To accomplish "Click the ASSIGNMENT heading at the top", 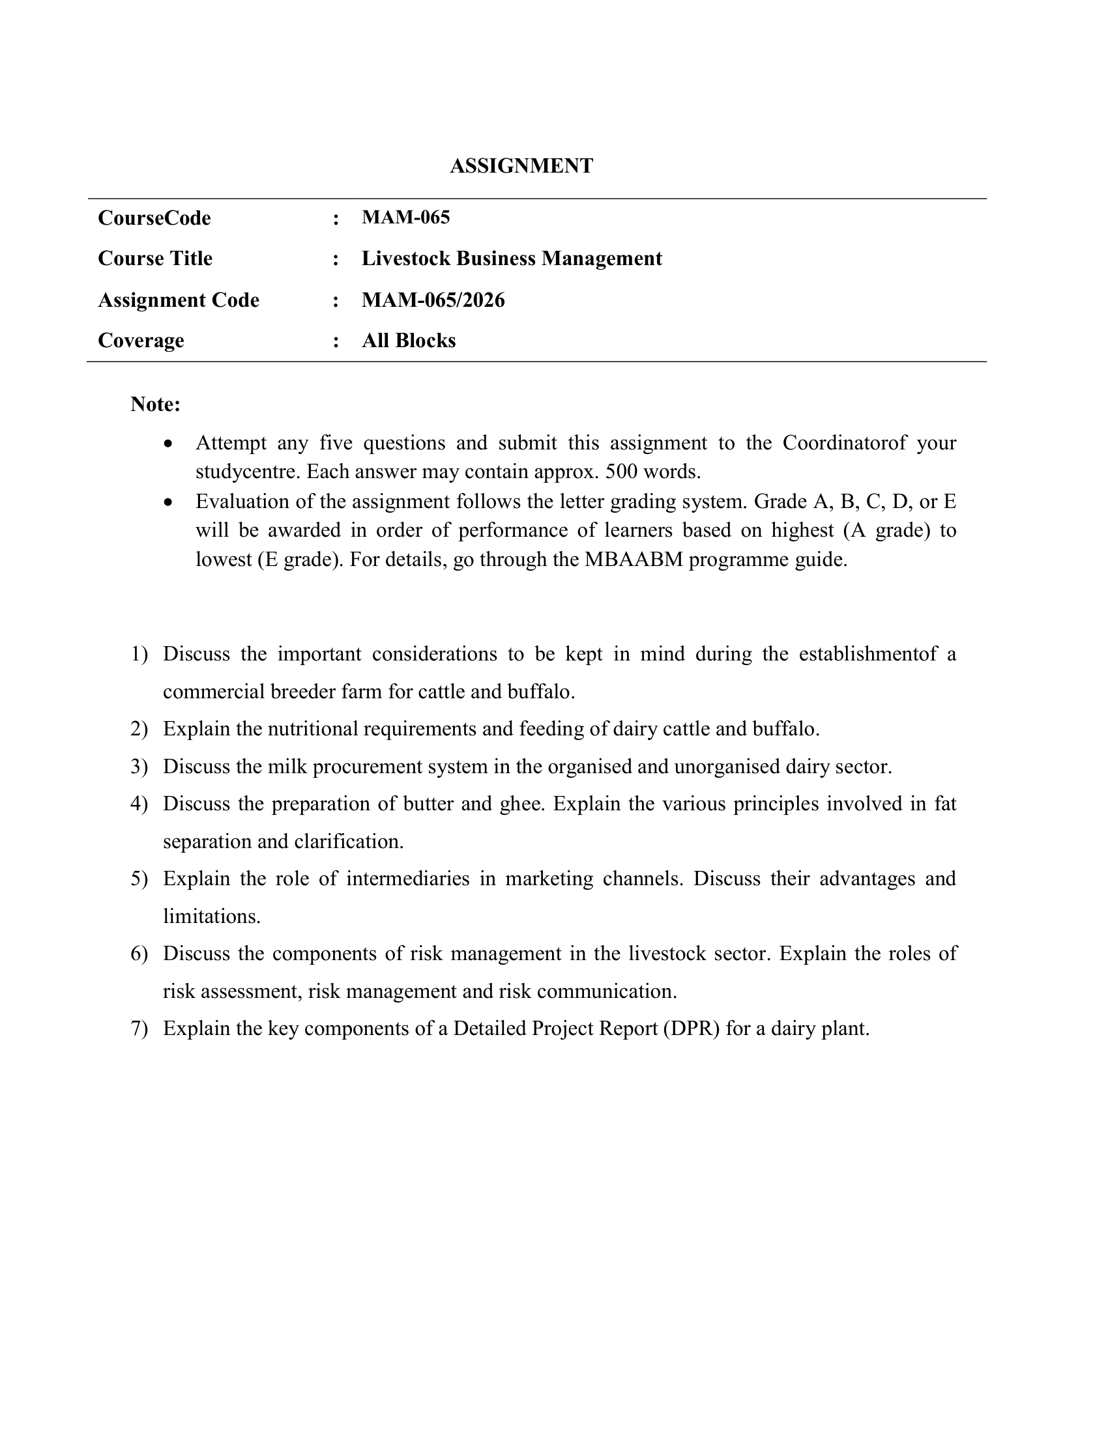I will [521, 166].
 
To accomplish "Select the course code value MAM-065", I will [405, 217].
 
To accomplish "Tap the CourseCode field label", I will [154, 218].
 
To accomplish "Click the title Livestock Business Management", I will [512, 259].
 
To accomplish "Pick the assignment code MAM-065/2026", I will [433, 300].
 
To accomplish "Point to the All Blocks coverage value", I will [408, 341].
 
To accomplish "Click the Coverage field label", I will [141, 341].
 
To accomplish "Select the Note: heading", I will [156, 404].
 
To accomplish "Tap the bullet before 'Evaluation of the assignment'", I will [169, 502].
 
